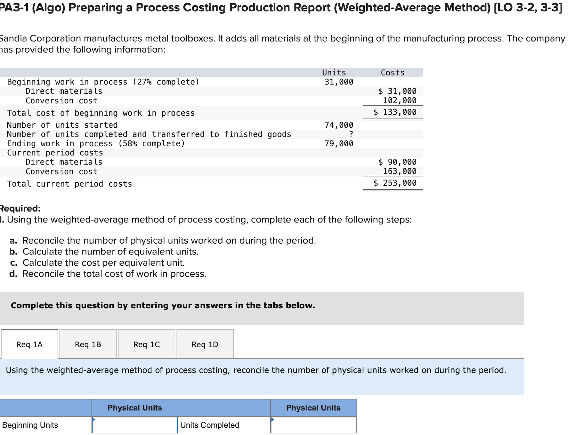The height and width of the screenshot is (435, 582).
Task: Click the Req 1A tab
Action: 29,344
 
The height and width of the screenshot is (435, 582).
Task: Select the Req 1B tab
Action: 88,344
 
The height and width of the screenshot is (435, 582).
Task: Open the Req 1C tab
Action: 147,344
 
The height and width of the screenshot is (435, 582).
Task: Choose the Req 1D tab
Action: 205,344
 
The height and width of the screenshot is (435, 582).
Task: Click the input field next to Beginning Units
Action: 135,425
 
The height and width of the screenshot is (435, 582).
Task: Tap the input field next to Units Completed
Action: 313,425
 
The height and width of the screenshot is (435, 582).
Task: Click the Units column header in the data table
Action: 334,73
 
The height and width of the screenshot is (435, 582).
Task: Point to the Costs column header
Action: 392,73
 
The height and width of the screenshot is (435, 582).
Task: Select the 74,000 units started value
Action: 339,125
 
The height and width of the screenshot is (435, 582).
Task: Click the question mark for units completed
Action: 351,134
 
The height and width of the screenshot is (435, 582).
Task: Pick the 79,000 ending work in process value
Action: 339,143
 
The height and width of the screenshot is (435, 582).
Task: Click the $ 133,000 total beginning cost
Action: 395,112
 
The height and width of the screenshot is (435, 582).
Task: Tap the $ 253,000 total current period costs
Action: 395,183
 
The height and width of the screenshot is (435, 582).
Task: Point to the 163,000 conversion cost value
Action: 400,171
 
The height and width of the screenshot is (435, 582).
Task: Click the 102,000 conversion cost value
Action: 400,101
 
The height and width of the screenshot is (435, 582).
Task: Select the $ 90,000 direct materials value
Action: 397,162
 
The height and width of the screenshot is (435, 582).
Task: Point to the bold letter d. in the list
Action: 13,274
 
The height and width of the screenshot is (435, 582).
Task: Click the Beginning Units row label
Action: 30,425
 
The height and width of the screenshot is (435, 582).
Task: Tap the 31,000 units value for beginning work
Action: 339,82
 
